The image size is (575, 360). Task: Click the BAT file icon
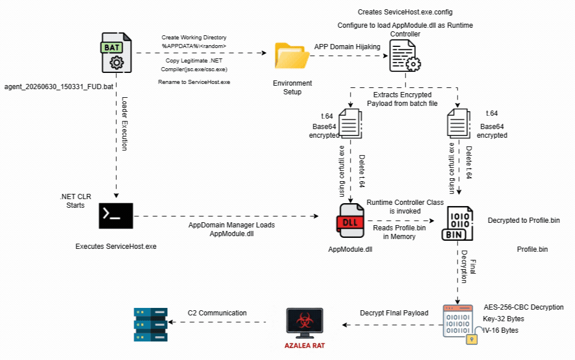116,53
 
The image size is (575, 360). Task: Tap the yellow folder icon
292,56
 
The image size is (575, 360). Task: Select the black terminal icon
116,216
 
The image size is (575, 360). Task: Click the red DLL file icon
350,221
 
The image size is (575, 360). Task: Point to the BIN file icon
458,223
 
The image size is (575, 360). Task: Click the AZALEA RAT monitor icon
304,323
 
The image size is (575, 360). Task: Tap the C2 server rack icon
150,324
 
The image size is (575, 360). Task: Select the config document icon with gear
405,56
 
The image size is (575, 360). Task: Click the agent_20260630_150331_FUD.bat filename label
58,87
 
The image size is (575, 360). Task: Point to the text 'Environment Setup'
292,87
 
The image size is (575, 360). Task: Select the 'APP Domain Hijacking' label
347,47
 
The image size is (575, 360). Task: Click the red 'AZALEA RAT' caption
304,346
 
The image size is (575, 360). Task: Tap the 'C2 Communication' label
217,313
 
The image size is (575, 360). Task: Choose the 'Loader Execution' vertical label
124,124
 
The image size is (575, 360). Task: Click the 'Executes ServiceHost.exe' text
116,246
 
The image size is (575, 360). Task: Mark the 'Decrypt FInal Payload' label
394,313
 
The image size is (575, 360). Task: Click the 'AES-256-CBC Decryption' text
524,307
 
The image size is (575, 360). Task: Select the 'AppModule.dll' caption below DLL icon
350,249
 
